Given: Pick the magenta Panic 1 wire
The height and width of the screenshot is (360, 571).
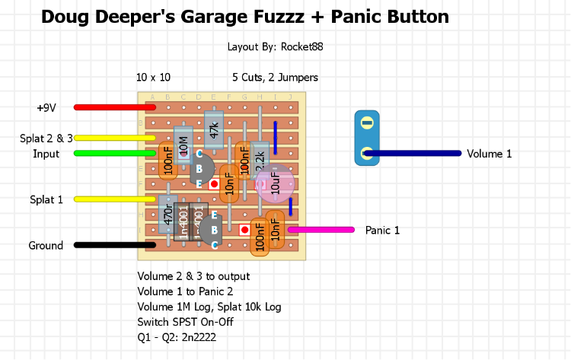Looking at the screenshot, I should pyautogui.click(x=320, y=229).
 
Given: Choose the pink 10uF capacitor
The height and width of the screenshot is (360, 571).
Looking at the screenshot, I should pyautogui.click(x=275, y=184).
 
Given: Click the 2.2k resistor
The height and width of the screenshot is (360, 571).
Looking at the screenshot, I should pyautogui.click(x=260, y=158).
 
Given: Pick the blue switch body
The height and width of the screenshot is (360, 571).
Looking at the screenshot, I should pyautogui.click(x=366, y=137).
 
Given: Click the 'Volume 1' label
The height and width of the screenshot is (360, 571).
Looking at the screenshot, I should pyautogui.click(x=489, y=154).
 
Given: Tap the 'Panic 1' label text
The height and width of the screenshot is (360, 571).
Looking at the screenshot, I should pyautogui.click(x=382, y=230).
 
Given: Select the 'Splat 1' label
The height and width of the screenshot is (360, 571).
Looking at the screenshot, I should pyautogui.click(x=46, y=199).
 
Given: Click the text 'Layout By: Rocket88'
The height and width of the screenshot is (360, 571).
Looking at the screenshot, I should pyautogui.click(x=275, y=46).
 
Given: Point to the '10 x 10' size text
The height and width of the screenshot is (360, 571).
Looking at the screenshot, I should pyautogui.click(x=153, y=77).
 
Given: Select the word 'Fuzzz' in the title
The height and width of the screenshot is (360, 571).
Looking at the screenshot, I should pyautogui.click(x=312, y=16).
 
